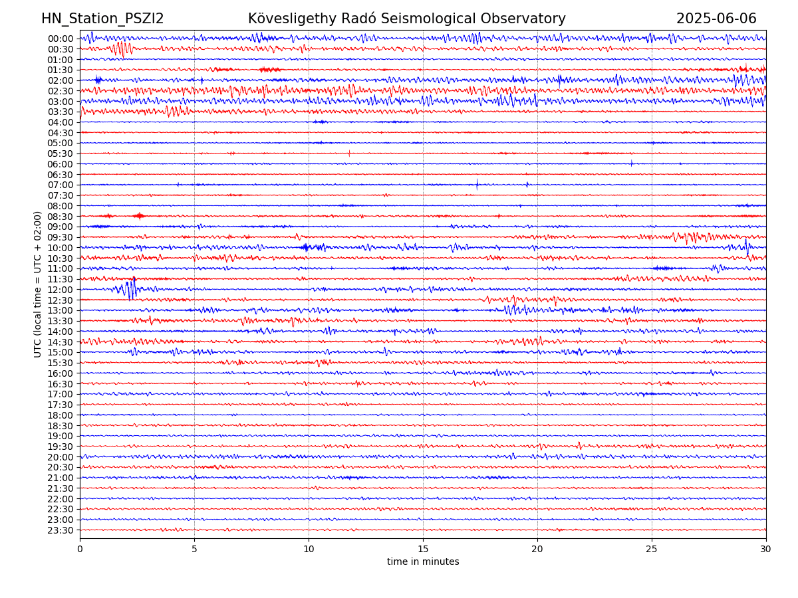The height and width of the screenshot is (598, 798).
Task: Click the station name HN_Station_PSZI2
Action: coord(102,19)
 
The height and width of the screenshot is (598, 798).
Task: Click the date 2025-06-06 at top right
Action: coord(716,19)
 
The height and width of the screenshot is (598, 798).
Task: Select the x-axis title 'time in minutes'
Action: coord(423,561)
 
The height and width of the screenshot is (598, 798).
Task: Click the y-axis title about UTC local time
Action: coord(38,284)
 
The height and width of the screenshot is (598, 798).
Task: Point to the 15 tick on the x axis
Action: coord(423,549)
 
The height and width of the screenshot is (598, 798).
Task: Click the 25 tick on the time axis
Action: coord(652,549)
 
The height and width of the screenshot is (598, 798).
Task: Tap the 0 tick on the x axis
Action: coord(80,549)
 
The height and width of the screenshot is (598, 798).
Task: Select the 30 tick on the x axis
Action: coord(766,549)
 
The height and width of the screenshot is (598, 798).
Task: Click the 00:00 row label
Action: coord(60,39)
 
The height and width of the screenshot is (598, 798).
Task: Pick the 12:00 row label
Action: coord(60,290)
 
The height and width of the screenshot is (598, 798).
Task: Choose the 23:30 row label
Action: coord(60,530)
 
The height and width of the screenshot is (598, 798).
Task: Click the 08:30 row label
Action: coord(60,217)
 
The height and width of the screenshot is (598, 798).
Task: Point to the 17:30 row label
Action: coord(60,405)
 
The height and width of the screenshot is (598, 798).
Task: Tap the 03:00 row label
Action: coord(60,102)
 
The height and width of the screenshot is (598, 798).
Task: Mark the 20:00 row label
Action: coord(60,457)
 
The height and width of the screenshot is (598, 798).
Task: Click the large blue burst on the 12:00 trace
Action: coord(130,290)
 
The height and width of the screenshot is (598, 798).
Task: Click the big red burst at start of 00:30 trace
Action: coord(121,49)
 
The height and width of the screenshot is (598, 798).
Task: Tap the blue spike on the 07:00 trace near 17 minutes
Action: coord(477,185)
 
